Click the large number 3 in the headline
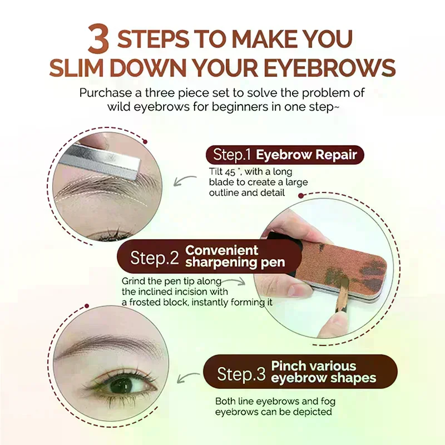pyautogui.click(x=98, y=38)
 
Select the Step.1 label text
pyautogui.click(x=232, y=155)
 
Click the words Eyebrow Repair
pyautogui.click(x=306, y=155)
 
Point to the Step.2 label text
pyautogui.click(x=155, y=258)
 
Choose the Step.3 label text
pyautogui.click(x=241, y=373)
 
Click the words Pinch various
pyautogui.click(x=314, y=366)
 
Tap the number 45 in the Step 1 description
pyautogui.click(x=231, y=172)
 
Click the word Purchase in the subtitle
pyautogui.click(x=106, y=93)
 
